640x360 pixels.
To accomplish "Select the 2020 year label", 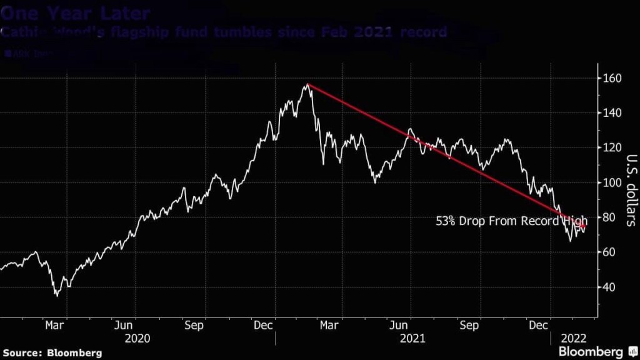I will (x=137, y=338).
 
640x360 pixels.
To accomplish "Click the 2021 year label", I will (x=412, y=338).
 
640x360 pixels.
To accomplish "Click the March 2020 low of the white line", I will (x=57, y=295).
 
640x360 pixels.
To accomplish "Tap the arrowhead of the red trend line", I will (x=584, y=227).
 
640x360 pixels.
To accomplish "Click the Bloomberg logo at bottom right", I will (x=591, y=352).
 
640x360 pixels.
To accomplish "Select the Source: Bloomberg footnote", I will (x=51, y=352).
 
